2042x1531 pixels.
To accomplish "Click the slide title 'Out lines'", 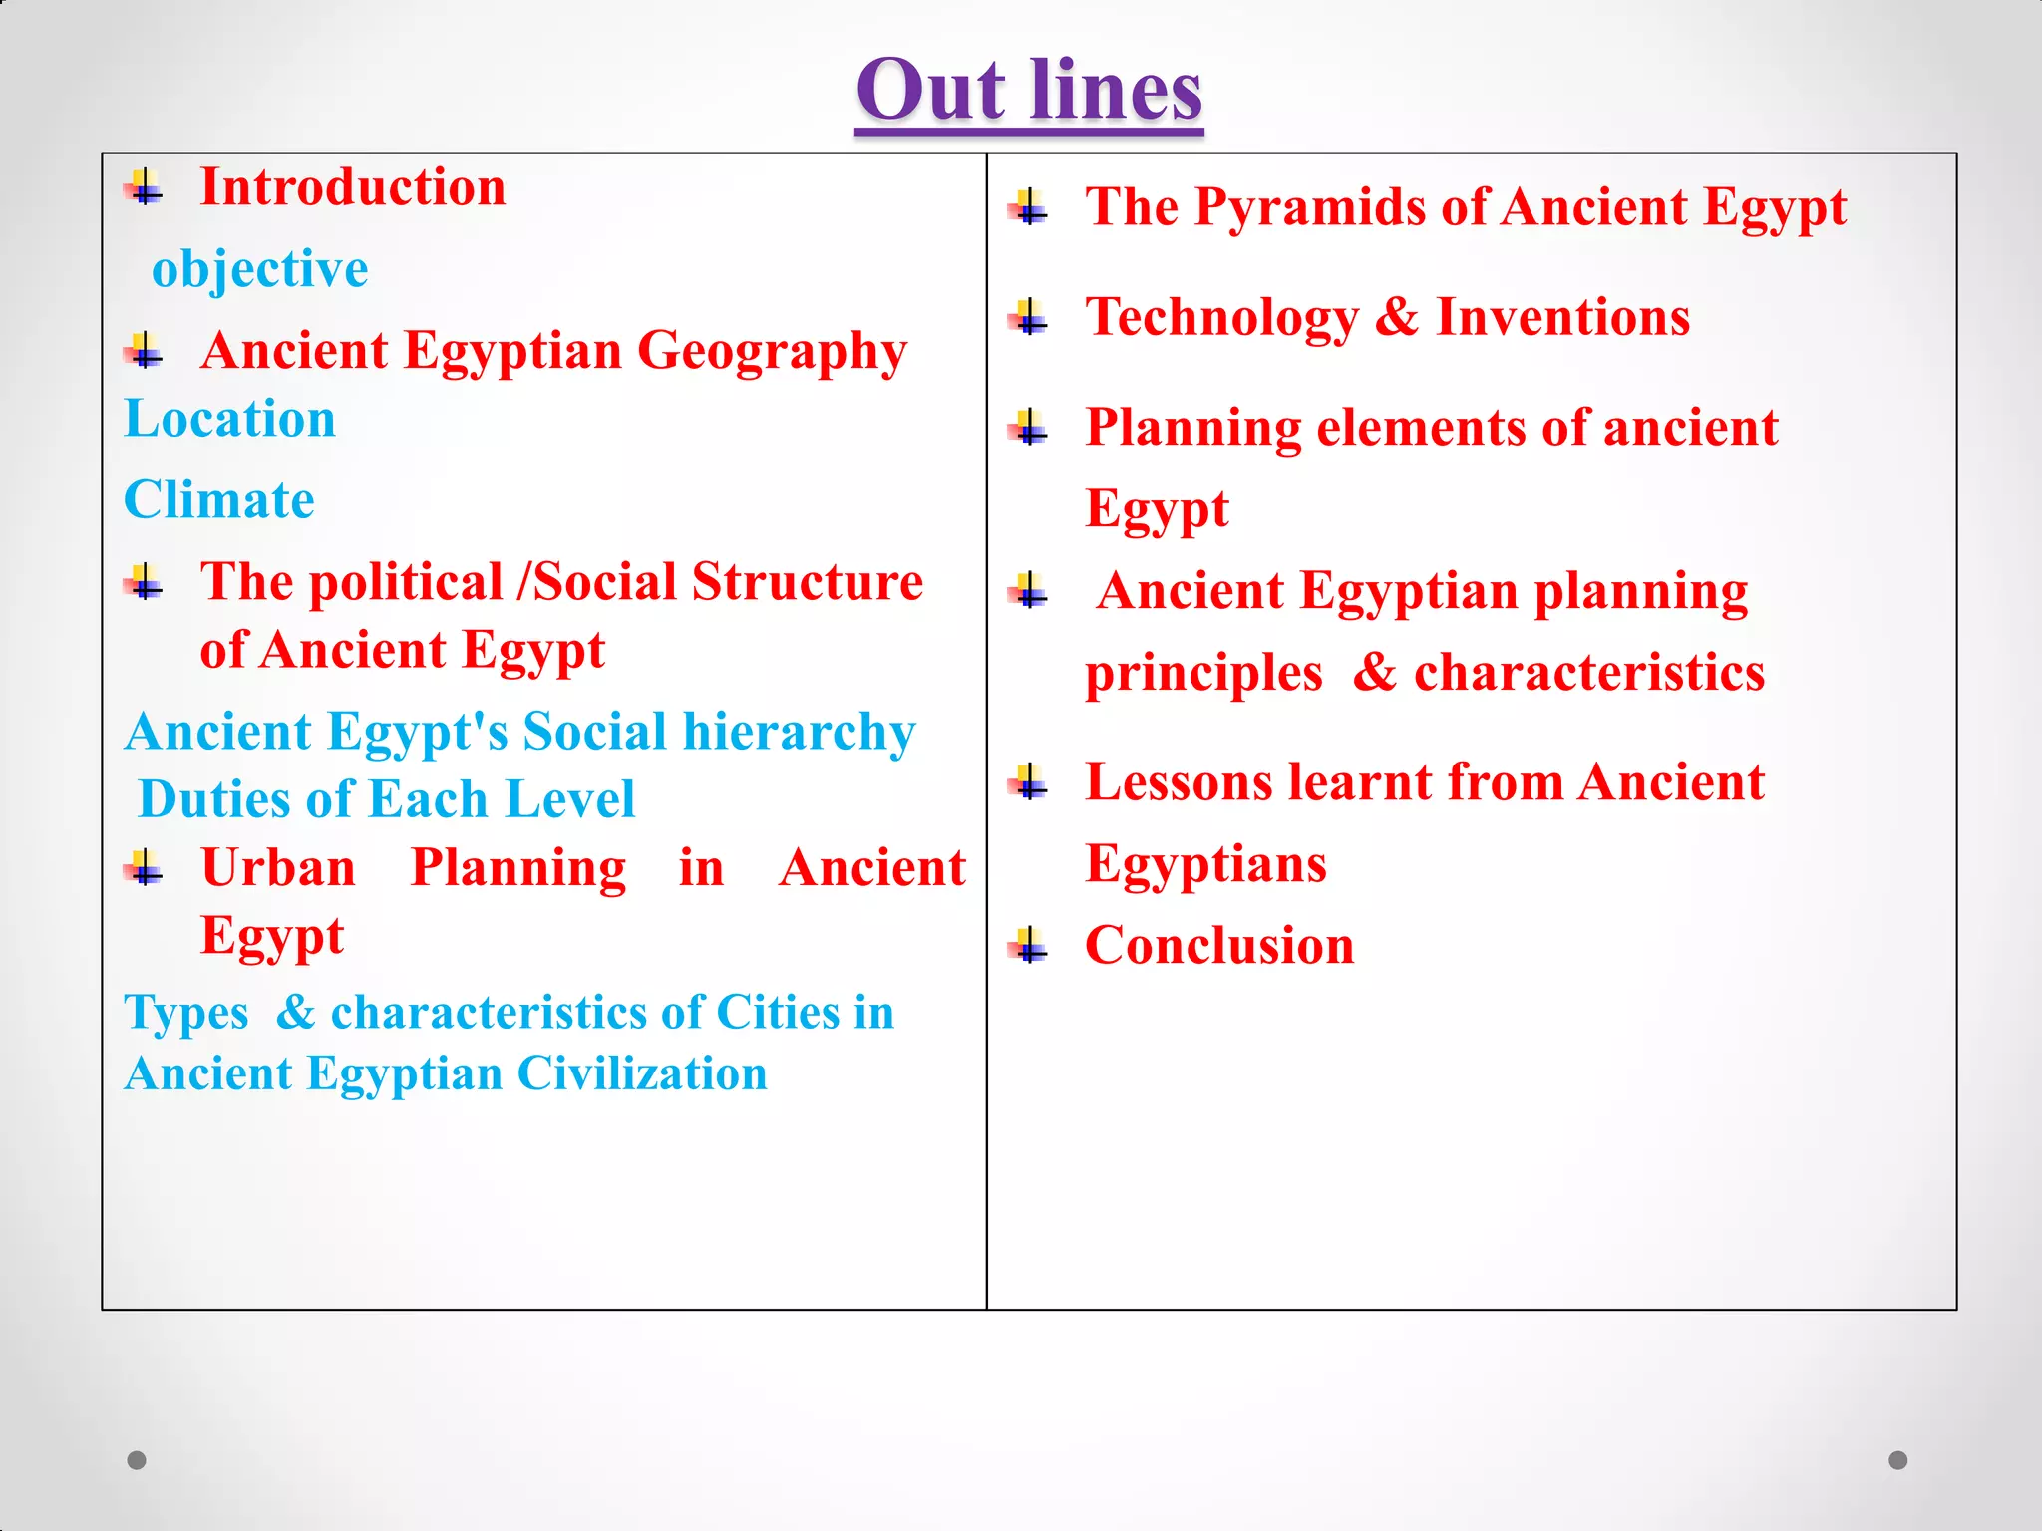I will [x=1029, y=92].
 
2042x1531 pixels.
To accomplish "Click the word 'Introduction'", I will [x=353, y=187].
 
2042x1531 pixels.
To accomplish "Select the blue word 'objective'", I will [x=259, y=269].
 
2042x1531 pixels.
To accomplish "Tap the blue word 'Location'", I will [x=229, y=419].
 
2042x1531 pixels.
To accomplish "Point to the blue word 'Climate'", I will [x=218, y=500].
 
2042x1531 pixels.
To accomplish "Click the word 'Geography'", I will [x=772, y=352].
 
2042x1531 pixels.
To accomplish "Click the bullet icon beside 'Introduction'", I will [x=145, y=186].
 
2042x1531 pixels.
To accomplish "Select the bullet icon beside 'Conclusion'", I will [x=1030, y=945].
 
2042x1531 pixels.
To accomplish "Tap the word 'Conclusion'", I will [x=1219, y=945].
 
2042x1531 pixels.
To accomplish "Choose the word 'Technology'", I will [x=1221, y=318].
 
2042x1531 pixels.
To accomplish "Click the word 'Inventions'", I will [x=1562, y=318].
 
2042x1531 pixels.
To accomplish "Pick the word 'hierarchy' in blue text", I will [x=799, y=733].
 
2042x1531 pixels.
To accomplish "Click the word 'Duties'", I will [x=215, y=799].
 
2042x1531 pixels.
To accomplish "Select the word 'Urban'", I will [x=278, y=868].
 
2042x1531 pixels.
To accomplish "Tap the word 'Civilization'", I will [x=642, y=1074].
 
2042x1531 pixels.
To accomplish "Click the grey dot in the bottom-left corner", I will [x=137, y=1460].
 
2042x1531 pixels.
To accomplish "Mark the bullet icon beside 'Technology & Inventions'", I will [x=1030, y=318].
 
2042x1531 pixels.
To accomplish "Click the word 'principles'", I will [x=1203, y=674].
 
